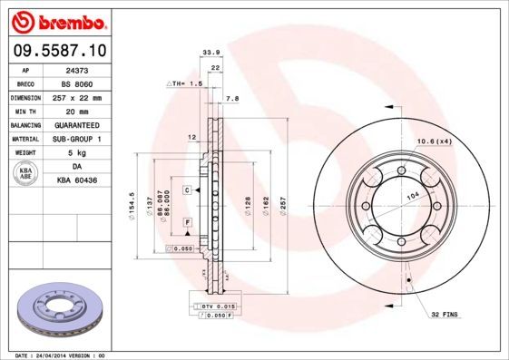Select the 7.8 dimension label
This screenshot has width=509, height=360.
coord(231,98)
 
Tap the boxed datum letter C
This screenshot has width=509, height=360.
coord(185,190)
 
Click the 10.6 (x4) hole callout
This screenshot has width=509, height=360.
coord(436,141)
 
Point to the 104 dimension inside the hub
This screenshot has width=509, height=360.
coord(413,196)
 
